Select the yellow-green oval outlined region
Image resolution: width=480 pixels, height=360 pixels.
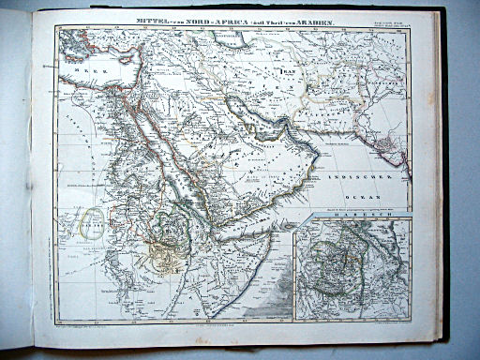(89, 219)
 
